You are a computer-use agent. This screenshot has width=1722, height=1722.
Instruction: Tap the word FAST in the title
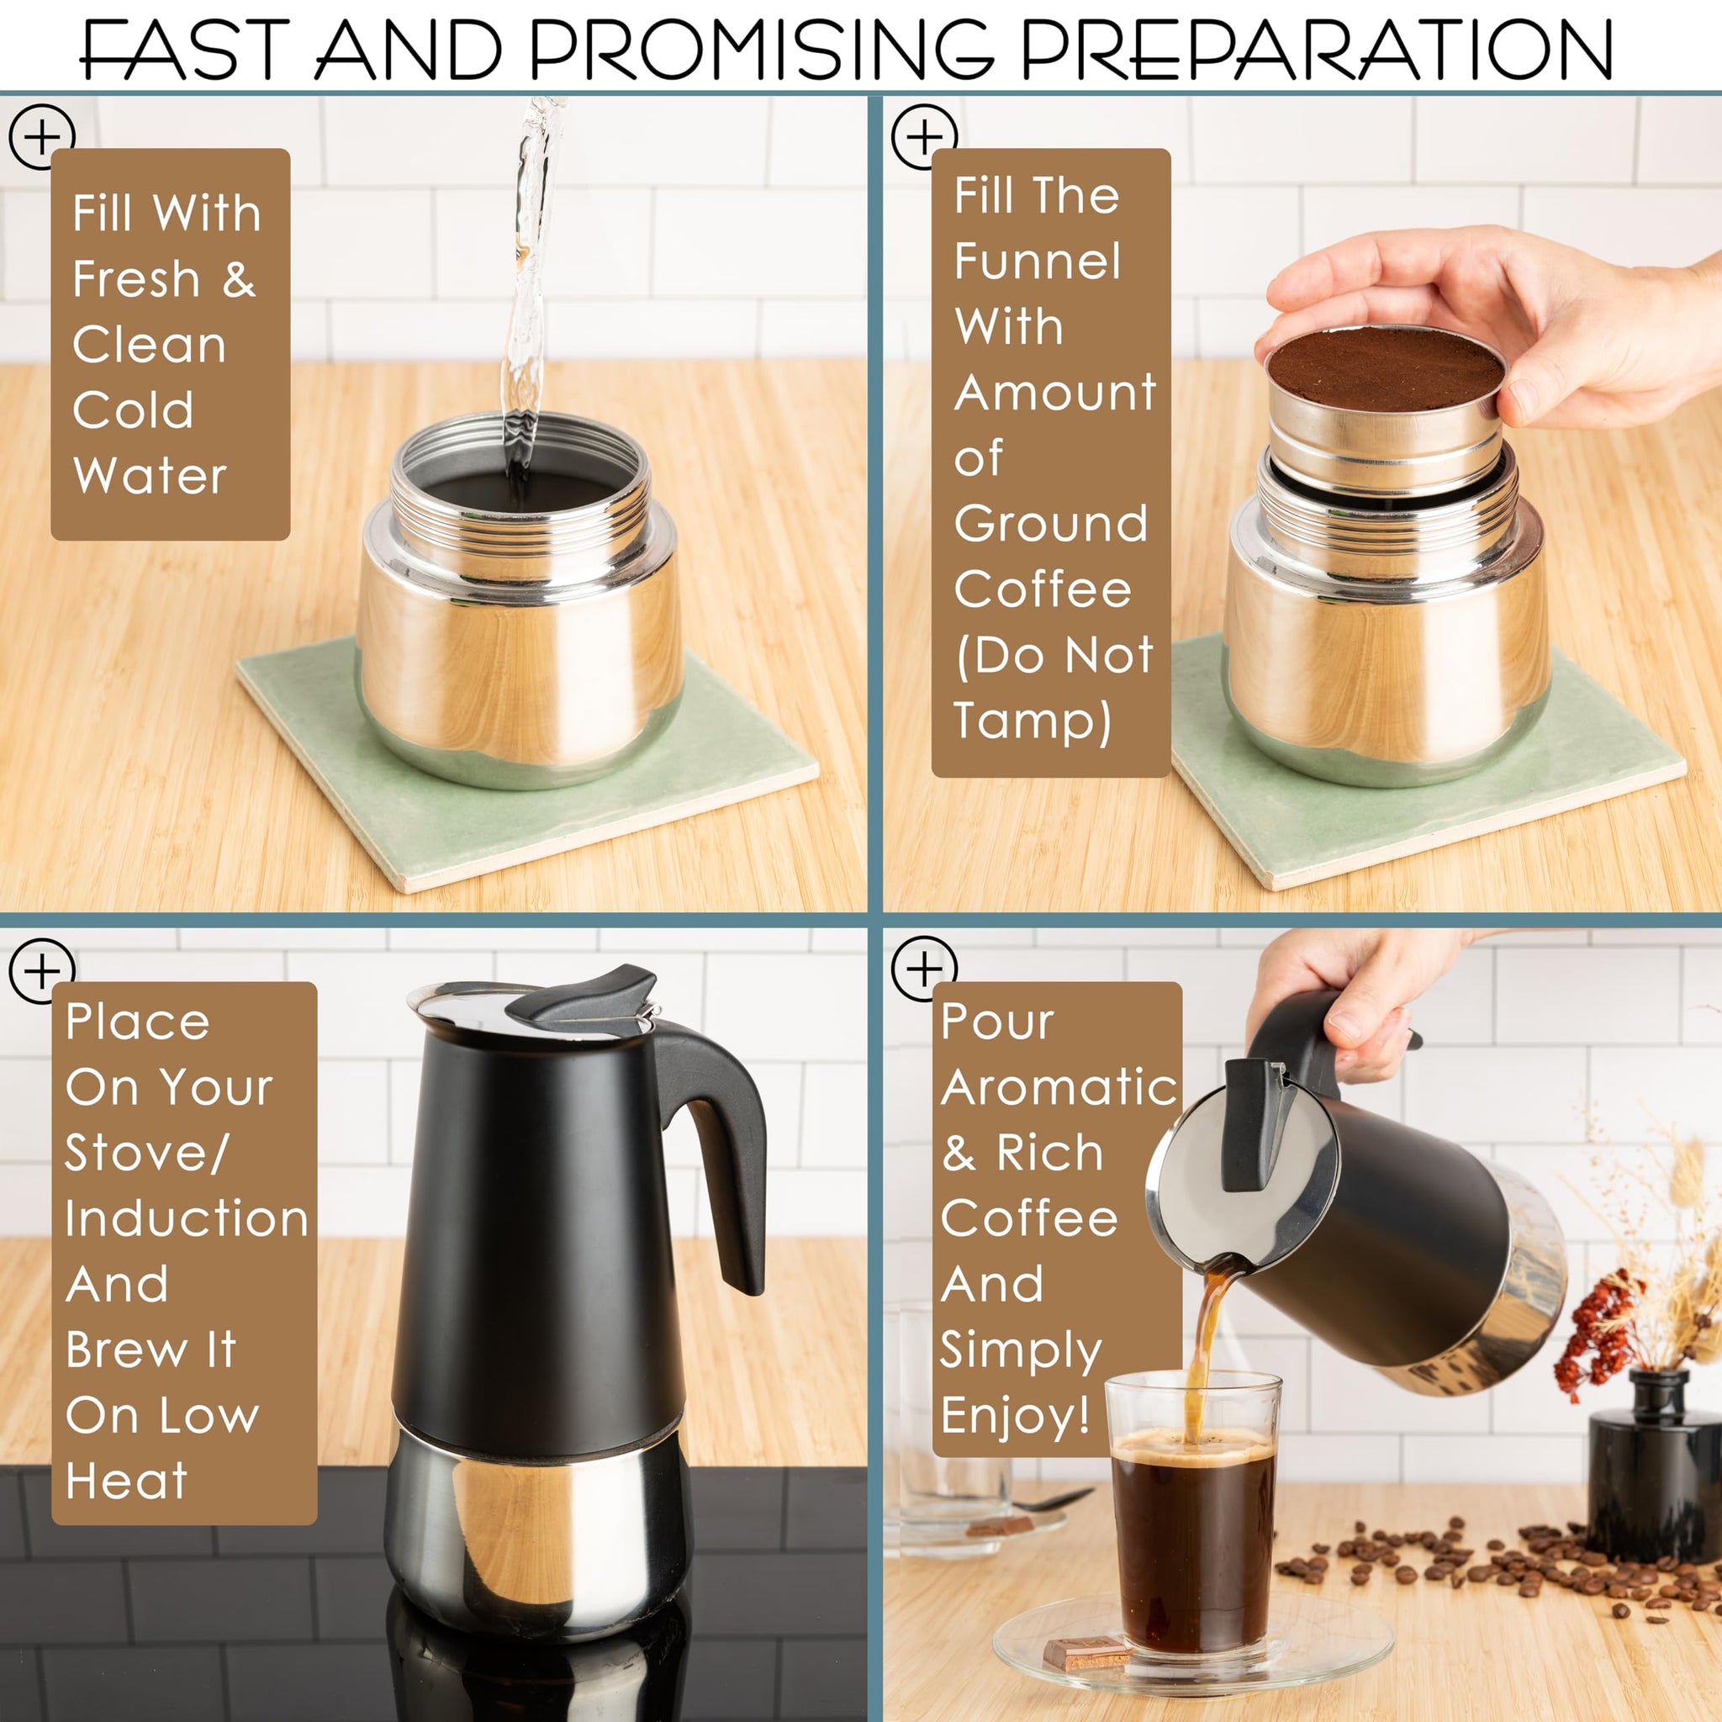pyautogui.click(x=184, y=50)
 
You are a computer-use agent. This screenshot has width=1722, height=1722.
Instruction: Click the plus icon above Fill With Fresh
pyautogui.click(x=41, y=136)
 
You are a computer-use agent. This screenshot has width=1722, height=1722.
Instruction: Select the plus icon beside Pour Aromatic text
pyautogui.click(x=924, y=969)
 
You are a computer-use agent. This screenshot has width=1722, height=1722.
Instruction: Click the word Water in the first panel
pyautogui.click(x=150, y=475)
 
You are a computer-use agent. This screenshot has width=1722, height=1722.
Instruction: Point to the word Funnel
pyautogui.click(x=1038, y=261)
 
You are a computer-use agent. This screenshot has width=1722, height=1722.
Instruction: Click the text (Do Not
pyautogui.click(x=1054, y=655)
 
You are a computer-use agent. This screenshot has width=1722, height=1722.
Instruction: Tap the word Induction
pyautogui.click(x=188, y=1218)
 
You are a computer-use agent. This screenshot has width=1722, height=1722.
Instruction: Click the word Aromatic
pyautogui.click(x=1059, y=1086)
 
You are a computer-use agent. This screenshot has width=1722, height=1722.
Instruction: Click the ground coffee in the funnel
pyautogui.click(x=1385, y=369)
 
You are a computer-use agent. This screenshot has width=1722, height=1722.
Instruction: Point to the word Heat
pyautogui.click(x=127, y=1481)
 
